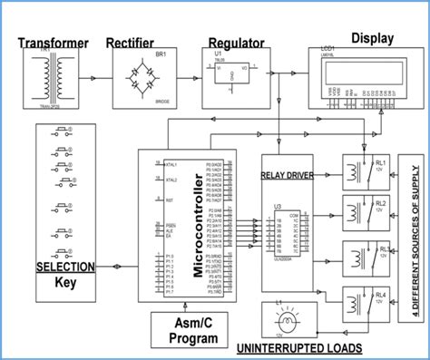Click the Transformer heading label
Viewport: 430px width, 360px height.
[x=54, y=42]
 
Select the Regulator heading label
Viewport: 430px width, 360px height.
[x=236, y=43]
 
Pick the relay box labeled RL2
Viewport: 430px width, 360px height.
[x=366, y=210]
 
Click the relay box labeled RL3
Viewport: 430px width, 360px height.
[x=366, y=257]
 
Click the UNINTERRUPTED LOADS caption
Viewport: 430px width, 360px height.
[x=299, y=348]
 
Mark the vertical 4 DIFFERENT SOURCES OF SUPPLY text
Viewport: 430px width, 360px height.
[x=415, y=239]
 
